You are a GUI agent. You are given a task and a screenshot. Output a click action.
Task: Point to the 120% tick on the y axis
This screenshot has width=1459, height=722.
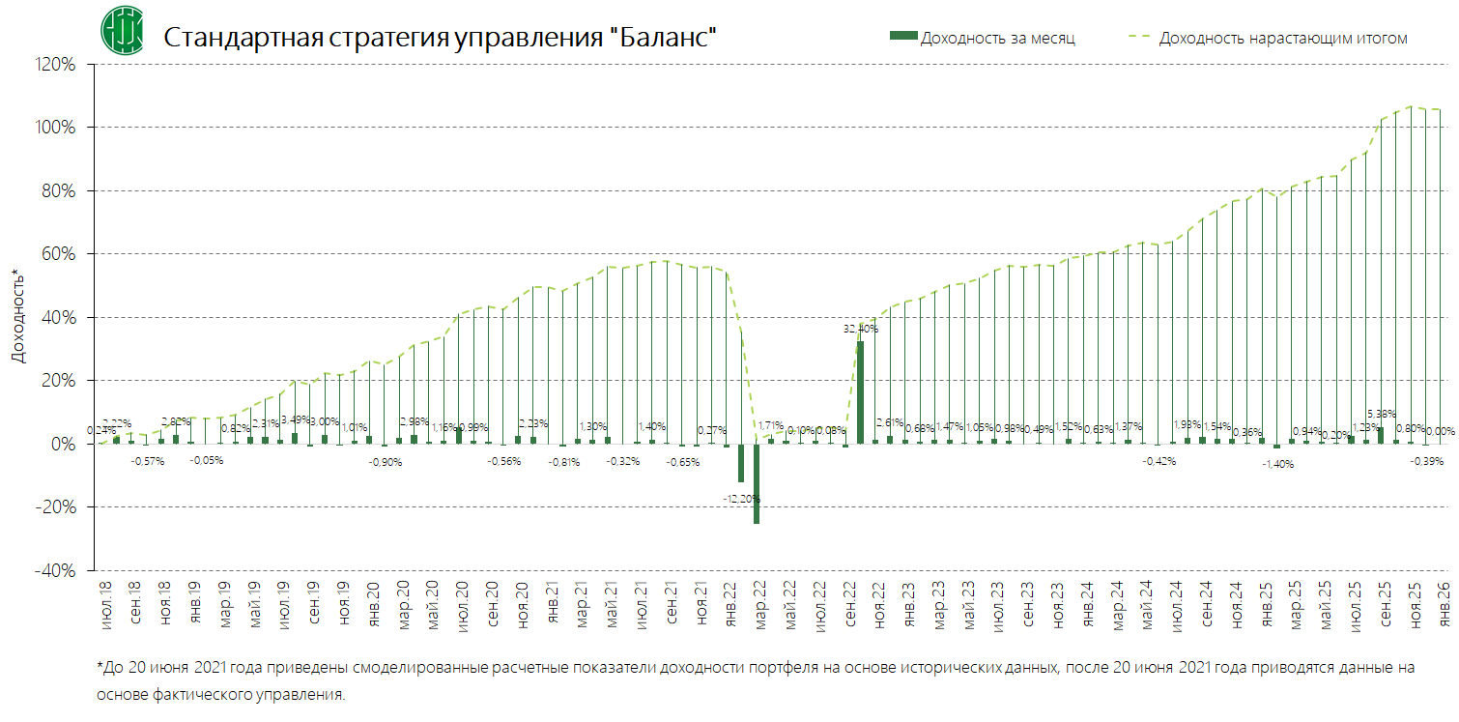click(57, 65)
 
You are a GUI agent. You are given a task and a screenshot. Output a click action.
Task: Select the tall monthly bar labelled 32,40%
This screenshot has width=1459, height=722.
click(860, 392)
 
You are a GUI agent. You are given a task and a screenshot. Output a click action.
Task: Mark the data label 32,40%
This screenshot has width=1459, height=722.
click(860, 329)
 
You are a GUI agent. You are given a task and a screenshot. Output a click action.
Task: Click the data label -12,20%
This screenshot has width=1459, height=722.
click(741, 499)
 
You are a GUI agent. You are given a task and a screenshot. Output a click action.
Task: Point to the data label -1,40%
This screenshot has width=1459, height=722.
click(1277, 464)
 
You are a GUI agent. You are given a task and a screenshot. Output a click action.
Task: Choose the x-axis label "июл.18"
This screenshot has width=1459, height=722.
click(104, 601)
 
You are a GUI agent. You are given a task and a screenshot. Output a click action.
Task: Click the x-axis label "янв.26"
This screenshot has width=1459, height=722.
click(1445, 601)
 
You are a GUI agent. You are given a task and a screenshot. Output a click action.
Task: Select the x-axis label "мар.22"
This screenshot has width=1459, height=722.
click(760, 601)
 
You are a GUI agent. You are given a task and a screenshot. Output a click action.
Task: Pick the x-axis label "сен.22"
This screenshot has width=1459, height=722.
click(850, 601)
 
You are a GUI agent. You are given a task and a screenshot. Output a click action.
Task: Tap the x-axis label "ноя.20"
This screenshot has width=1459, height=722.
click(522, 601)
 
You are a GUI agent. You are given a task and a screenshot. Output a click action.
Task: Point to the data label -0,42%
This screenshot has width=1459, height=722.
click(1159, 461)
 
